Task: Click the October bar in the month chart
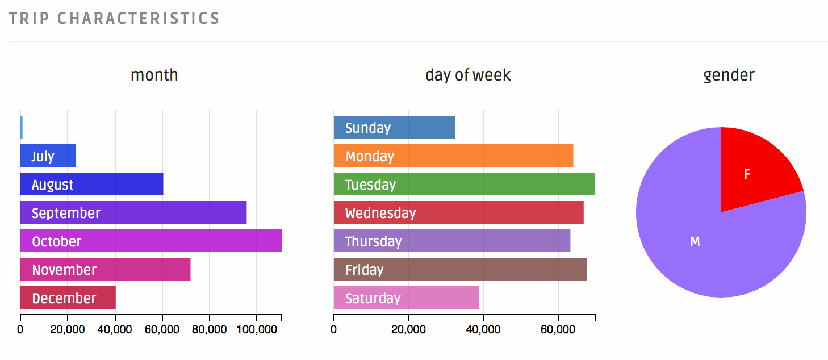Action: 151,241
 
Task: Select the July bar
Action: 48,156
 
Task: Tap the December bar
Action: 68,298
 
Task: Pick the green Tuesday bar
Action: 464,184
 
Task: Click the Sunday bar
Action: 394,127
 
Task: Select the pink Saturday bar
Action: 406,298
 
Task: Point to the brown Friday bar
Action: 460,269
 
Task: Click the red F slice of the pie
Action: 752,170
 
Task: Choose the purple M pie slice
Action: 704,250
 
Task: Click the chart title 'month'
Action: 154,75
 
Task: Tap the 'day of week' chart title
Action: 468,75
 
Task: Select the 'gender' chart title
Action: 729,75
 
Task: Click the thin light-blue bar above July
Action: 22,127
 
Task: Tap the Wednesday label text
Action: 380,213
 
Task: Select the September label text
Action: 66,213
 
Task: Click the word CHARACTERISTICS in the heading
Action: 139,18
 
